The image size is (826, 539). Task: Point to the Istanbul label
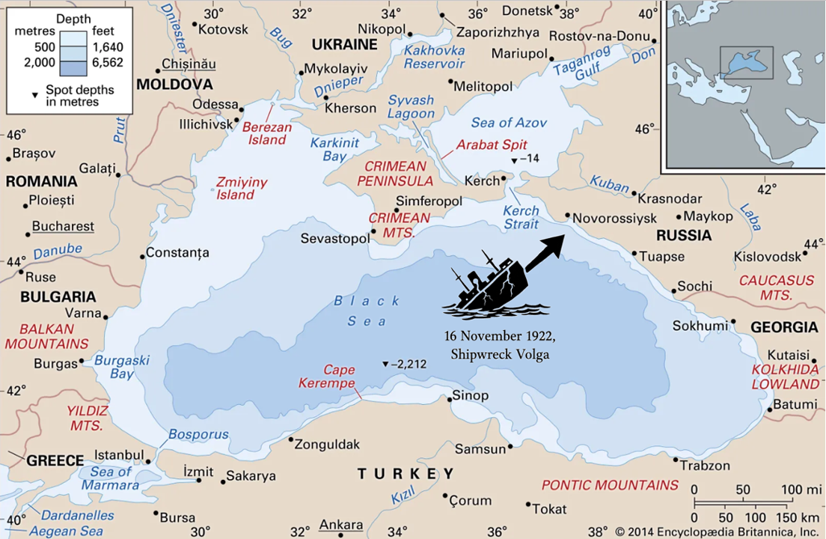click(x=120, y=455)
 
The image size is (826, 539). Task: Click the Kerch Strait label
click(x=521, y=217)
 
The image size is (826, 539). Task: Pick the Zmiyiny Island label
click(x=241, y=189)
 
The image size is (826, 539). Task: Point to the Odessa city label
click(x=215, y=104)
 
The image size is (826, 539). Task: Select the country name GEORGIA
click(x=784, y=327)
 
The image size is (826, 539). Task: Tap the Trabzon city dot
click(x=676, y=460)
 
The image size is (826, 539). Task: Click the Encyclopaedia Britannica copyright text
click(x=718, y=532)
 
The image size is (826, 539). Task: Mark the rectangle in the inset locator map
click(x=746, y=61)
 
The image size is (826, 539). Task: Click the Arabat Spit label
click(x=492, y=144)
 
